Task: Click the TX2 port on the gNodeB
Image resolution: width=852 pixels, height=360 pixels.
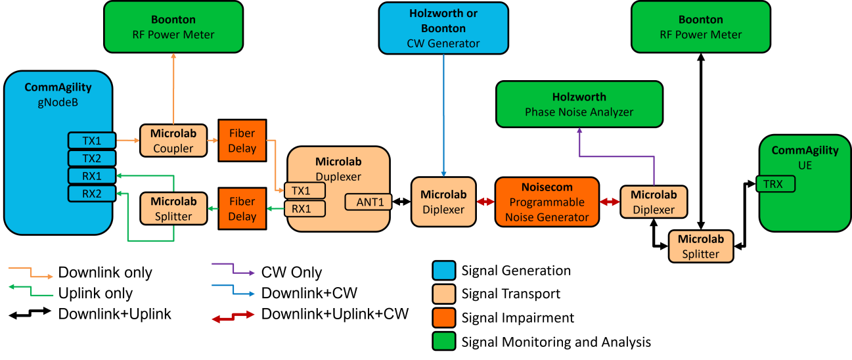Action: (91, 158)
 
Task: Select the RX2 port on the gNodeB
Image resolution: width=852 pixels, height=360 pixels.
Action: (91, 193)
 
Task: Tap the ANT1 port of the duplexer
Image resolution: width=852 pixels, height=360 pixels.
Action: (369, 202)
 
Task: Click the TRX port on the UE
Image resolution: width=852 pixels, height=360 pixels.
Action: (776, 184)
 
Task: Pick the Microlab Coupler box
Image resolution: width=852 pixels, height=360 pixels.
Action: (173, 140)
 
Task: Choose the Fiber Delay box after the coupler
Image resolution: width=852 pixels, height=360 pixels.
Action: (242, 141)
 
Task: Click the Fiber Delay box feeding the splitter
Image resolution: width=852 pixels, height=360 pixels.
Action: (242, 209)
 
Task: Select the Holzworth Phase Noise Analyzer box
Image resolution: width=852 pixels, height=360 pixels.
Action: (579, 104)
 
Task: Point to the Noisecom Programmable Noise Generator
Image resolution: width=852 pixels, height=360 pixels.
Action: (547, 202)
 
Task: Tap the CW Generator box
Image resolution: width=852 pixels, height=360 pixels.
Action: (443, 28)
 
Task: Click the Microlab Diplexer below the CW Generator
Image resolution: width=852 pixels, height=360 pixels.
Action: (443, 202)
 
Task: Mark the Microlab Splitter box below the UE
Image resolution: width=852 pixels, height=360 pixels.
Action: (700, 246)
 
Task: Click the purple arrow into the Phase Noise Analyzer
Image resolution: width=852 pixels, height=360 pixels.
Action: (617, 156)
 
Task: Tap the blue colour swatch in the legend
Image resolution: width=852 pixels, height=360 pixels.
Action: (443, 271)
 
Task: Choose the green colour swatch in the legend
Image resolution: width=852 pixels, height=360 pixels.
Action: (443, 341)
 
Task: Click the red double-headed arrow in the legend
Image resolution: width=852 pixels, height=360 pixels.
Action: (233, 317)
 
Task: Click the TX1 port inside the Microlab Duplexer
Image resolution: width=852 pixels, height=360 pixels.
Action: (305, 191)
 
